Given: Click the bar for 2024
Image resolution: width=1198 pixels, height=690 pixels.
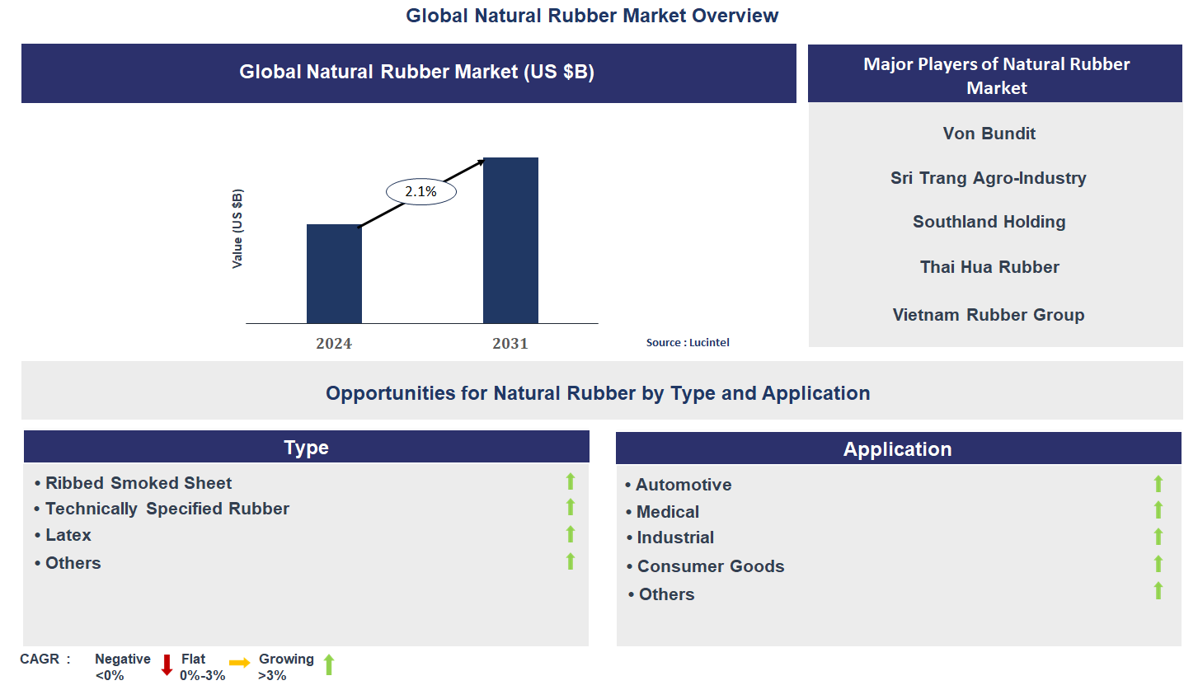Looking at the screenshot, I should [x=334, y=274].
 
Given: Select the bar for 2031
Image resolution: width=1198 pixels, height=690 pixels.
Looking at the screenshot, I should [x=510, y=240].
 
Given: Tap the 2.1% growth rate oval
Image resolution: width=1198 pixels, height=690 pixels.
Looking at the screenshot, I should [x=420, y=192].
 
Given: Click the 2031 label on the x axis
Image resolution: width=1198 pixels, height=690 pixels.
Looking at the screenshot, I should [x=510, y=344].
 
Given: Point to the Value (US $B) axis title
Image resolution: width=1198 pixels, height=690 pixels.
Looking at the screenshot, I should [x=237, y=228].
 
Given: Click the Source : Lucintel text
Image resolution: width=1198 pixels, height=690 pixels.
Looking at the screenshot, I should [x=688, y=343].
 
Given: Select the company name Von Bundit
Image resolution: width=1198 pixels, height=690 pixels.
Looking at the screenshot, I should [x=989, y=134].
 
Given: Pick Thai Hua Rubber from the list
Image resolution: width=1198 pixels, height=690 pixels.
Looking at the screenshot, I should [x=989, y=267].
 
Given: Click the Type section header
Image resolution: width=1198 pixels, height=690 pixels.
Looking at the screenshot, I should [x=306, y=447].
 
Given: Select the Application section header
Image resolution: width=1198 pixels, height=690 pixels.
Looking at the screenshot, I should [x=897, y=449].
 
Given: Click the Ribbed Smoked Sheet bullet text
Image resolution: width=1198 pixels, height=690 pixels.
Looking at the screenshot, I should [x=138, y=483].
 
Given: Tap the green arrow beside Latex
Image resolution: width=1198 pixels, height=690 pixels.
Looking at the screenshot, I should [x=570, y=535].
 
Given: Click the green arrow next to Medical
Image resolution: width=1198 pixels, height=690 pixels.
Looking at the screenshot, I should [x=1158, y=510].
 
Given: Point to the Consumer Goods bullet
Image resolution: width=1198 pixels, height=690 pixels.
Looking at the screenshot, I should [x=710, y=566].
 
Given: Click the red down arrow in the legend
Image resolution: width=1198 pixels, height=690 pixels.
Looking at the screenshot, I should [x=167, y=664].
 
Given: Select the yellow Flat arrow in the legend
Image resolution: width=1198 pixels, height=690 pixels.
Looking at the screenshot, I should [x=239, y=663].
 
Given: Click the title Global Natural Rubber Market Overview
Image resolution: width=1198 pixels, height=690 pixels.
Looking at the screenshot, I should [x=592, y=15].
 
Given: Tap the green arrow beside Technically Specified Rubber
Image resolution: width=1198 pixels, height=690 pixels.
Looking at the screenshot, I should [x=570, y=507].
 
